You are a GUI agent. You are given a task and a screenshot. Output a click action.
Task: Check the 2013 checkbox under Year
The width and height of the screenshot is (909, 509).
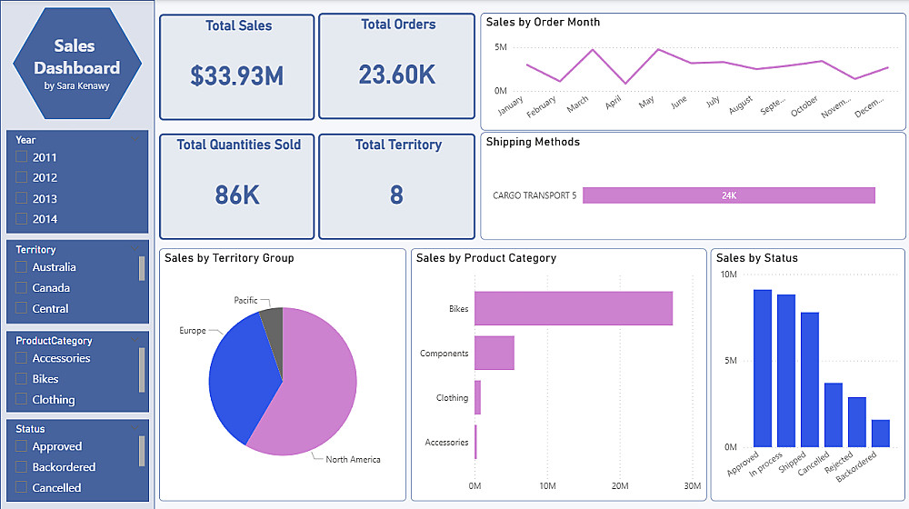point(22,198)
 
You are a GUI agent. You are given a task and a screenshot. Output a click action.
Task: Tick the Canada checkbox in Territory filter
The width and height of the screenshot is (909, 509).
point(22,288)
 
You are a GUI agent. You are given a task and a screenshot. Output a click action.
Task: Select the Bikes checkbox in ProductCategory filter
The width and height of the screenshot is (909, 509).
point(22,379)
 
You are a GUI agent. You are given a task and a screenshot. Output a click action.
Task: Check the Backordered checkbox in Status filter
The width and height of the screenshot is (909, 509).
point(22,467)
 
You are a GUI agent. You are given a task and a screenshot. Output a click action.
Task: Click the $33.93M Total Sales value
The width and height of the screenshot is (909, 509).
point(237,75)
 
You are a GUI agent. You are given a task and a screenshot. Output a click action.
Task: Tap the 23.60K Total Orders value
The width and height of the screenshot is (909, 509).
point(396,75)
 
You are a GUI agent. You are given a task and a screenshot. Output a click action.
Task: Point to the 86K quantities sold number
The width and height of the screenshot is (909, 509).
point(237,195)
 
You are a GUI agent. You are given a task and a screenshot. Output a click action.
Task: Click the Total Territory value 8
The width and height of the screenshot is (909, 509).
point(396,195)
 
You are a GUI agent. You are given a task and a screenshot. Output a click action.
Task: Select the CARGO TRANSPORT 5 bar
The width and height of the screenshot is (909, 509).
point(728,195)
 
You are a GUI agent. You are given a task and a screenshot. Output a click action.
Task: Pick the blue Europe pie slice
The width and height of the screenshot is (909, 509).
point(238,377)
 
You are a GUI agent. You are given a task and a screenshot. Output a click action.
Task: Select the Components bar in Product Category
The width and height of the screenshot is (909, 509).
point(494,353)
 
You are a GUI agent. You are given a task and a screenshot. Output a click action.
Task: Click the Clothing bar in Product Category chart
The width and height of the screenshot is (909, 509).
point(477,398)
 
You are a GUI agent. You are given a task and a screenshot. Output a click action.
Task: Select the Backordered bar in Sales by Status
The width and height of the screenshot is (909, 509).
point(880,434)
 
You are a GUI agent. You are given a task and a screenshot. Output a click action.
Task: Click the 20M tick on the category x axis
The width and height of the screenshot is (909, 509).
point(620,486)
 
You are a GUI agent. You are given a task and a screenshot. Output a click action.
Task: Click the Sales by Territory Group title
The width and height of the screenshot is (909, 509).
point(229,258)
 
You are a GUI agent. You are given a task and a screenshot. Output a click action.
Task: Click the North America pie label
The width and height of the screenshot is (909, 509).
point(353,460)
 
